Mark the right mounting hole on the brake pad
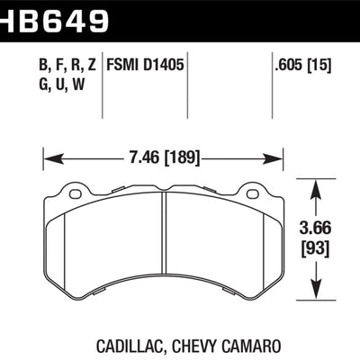(254, 192)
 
